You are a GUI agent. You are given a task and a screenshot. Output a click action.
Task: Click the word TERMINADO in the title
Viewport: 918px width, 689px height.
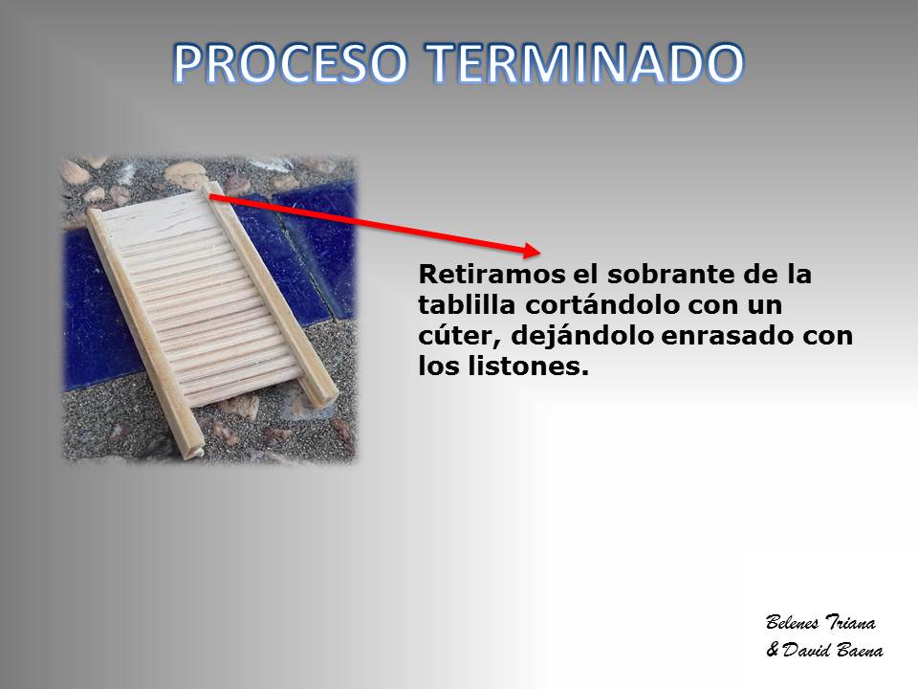point(584,63)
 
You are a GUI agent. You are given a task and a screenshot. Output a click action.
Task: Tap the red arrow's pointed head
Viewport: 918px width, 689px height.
point(539,252)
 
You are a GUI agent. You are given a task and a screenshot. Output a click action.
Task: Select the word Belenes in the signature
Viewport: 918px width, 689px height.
point(792,622)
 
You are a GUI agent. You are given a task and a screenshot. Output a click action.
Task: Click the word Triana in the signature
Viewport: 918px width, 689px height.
point(850,622)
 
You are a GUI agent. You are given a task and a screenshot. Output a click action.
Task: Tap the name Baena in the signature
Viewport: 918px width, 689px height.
point(860,649)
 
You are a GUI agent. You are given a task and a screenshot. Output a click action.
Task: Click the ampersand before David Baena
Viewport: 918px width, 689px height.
point(773,649)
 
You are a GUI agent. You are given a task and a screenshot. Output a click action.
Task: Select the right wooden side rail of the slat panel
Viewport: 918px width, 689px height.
point(272,291)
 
